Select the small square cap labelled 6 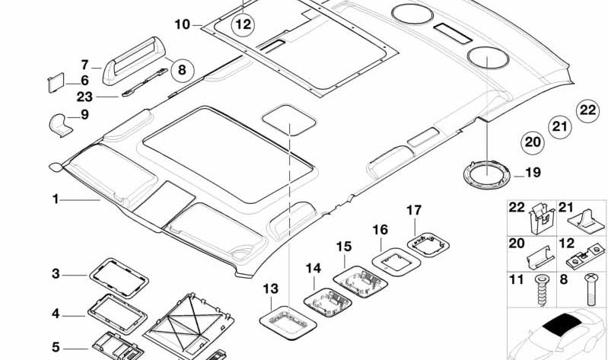(x=56, y=83)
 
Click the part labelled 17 (x=428, y=244)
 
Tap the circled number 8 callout (x=182, y=70)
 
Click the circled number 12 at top (x=243, y=25)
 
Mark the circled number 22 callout (x=587, y=110)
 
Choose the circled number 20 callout (x=533, y=142)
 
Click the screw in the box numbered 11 (x=540, y=290)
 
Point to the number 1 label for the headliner (x=56, y=199)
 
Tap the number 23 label (x=84, y=97)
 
